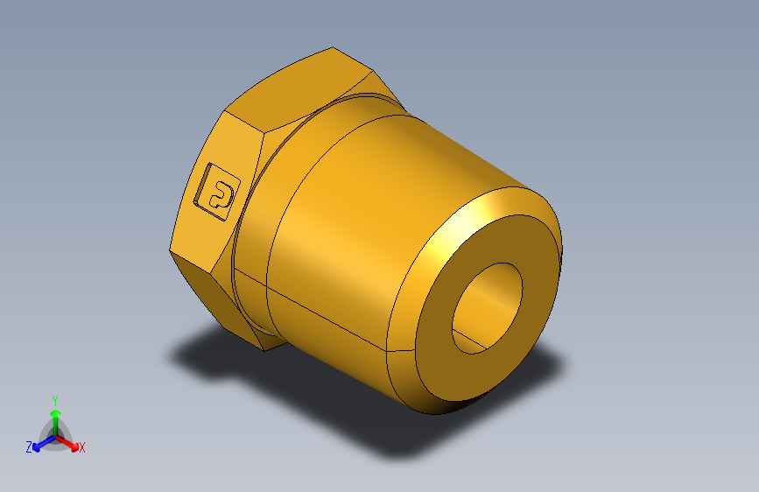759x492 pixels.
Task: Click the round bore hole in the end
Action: click(x=487, y=306)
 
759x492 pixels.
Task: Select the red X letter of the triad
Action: click(x=82, y=447)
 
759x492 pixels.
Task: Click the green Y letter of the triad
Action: click(x=54, y=398)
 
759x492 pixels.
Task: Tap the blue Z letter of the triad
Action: click(x=29, y=446)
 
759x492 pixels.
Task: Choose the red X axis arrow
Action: click(x=69, y=440)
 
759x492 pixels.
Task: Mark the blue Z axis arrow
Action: click(x=40, y=443)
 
